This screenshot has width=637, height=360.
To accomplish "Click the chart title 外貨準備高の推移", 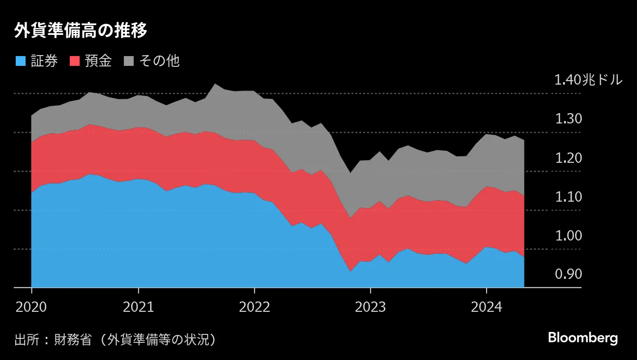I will [x=81, y=31].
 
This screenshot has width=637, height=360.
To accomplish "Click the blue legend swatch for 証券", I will [x=21, y=61].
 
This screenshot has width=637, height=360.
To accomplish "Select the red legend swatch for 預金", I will [x=75, y=61].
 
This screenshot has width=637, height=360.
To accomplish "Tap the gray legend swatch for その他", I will [x=129, y=61].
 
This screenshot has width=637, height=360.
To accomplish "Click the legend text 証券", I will [x=44, y=61].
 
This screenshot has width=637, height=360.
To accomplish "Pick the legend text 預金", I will [x=98, y=61].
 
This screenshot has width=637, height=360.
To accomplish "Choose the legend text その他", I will [x=159, y=61].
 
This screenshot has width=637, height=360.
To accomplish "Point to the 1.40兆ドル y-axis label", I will [x=588, y=80].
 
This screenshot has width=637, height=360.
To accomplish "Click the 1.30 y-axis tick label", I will [x=568, y=119].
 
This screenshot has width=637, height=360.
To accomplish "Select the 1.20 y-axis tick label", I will [x=568, y=158].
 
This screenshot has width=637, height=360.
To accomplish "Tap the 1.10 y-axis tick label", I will [x=568, y=197].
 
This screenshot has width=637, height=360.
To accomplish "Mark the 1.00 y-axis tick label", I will [x=568, y=236].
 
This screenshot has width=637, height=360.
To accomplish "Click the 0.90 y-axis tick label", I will [x=568, y=274].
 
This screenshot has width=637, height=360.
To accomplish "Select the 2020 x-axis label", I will [x=31, y=307].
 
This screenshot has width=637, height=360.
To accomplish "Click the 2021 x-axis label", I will [x=138, y=307].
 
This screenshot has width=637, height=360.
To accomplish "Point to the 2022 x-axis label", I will [x=254, y=307].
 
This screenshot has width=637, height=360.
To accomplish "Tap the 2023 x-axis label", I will [x=370, y=307].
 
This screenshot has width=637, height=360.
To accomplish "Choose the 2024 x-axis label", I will [x=486, y=307].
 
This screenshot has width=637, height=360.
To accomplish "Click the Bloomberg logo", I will [x=582, y=338].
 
